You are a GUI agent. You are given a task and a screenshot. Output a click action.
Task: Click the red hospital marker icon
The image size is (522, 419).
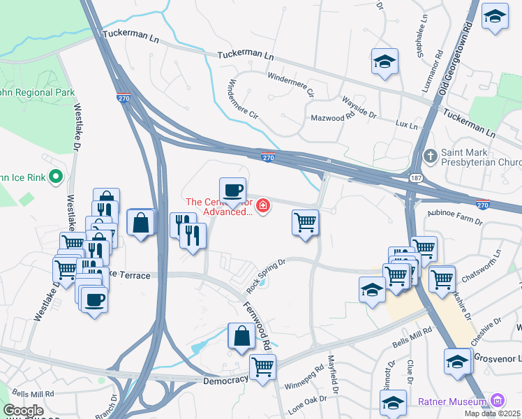tap(263, 205)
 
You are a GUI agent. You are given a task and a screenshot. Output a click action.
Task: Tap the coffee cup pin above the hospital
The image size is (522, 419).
tap(232, 189)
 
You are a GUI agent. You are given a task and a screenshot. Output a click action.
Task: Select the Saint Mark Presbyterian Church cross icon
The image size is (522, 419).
tap(431, 155)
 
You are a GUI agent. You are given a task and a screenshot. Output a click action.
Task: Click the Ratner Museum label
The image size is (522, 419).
tap(452, 402)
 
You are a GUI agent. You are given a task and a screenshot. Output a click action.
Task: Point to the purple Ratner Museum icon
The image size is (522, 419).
tap(497, 401)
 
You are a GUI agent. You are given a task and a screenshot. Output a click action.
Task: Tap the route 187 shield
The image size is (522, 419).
tap(415, 179)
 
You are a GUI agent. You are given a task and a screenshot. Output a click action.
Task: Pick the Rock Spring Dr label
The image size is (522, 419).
tap(266, 277)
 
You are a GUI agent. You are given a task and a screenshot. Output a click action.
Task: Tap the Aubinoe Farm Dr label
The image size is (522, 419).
tap(450, 218)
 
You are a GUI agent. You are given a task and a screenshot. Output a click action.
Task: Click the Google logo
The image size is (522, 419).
tap(23, 411)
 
